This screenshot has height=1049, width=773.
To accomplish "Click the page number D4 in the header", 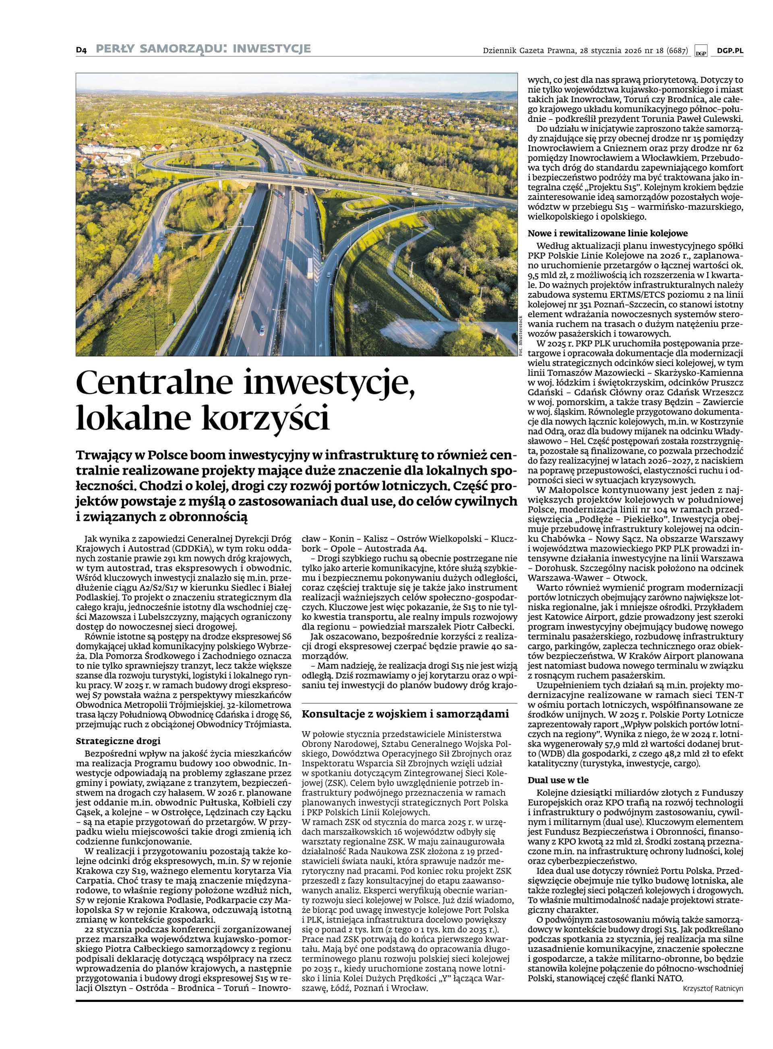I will click(x=81, y=49).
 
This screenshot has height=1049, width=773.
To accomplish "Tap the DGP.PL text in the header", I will click(x=730, y=51).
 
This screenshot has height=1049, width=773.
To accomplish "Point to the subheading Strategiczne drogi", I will click(x=118, y=741).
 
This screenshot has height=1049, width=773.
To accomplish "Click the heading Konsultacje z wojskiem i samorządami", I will click(x=405, y=714).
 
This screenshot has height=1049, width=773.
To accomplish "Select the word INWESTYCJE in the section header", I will click(x=271, y=49).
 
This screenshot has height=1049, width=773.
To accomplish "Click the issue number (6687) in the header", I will click(x=677, y=51).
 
